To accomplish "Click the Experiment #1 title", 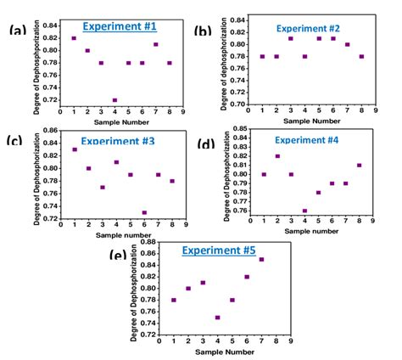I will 118,26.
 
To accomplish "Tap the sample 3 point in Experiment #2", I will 291,38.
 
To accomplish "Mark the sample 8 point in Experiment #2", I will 362,57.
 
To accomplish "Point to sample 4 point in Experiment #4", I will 304,211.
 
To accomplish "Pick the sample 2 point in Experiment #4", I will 277,156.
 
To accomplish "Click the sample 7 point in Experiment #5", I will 261,259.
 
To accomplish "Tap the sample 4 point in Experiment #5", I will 218,318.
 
